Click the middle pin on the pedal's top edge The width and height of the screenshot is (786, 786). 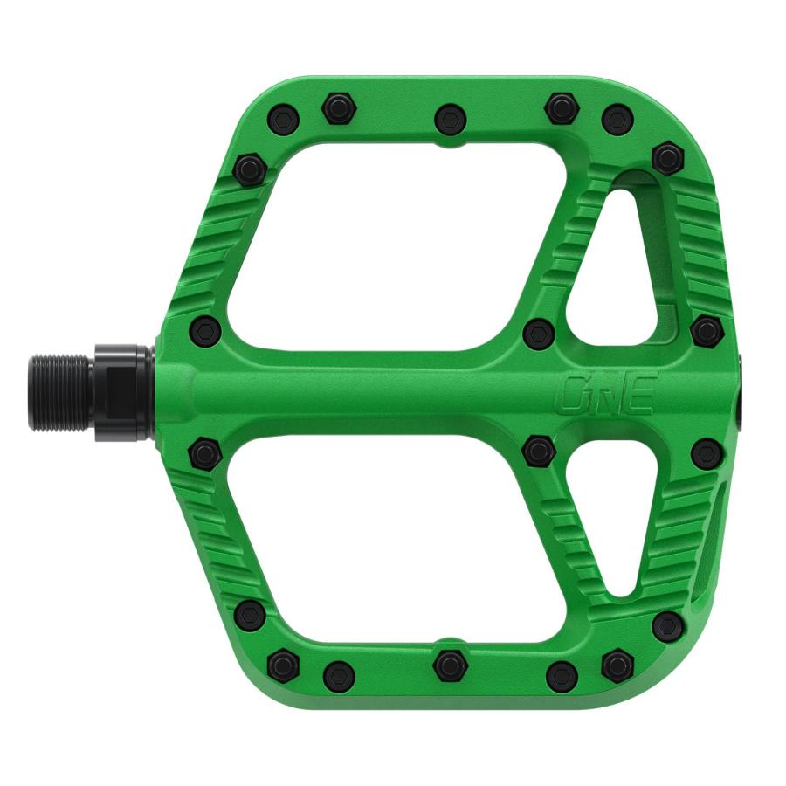tap(450, 116)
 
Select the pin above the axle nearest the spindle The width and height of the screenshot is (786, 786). tap(204, 329)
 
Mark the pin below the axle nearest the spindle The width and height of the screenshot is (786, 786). tap(203, 452)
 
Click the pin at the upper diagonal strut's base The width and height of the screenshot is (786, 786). tap(538, 332)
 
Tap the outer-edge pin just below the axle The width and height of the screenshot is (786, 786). tap(706, 452)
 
